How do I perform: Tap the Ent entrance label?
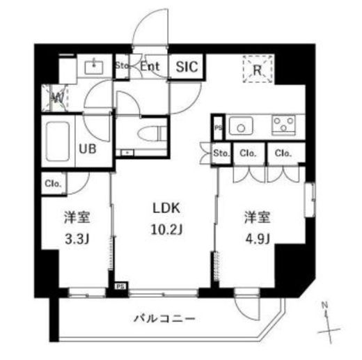(x=151, y=68)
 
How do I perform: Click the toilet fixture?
(x=155, y=132)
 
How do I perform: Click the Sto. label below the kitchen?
(x=221, y=153)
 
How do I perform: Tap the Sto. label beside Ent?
(x=122, y=68)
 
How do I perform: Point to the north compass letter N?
(x=324, y=304)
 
